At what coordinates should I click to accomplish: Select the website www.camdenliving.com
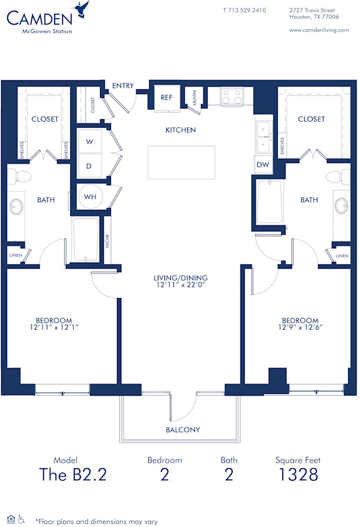[319, 30]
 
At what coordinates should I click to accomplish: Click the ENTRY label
[122, 86]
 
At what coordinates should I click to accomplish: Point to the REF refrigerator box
[166, 97]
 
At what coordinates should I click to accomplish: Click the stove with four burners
[231, 97]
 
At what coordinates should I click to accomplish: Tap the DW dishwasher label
[263, 164]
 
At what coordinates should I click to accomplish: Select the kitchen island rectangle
[181, 162]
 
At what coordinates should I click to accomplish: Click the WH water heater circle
[90, 196]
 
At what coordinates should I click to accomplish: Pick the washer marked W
[90, 142]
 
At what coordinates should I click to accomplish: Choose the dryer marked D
[89, 165]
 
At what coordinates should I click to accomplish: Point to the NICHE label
[107, 242]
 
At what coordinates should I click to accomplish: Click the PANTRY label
[195, 97]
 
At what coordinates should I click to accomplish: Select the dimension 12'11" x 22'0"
[180, 286]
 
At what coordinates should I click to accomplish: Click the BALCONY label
[182, 430]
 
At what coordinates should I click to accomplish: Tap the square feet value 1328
[298, 474]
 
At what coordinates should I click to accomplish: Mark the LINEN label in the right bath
[341, 256]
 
